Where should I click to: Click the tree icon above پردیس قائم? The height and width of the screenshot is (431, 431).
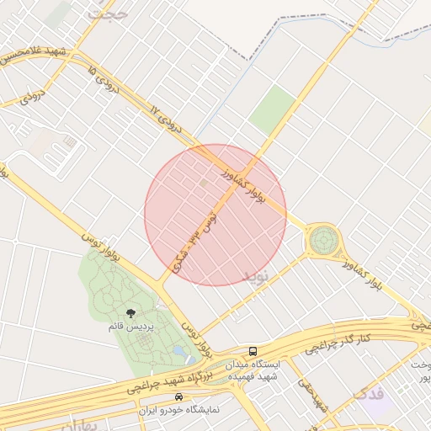pyautogui.click(x=130, y=313)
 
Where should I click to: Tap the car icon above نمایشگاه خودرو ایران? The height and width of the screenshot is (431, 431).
pyautogui.click(x=178, y=396)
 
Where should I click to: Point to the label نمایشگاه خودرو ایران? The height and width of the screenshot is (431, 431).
pyautogui.click(x=178, y=409)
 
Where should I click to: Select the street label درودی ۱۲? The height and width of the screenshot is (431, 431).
pyautogui.click(x=165, y=120)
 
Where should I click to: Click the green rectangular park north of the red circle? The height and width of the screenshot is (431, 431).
pyautogui.click(x=273, y=110)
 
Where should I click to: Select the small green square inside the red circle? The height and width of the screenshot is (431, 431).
pyautogui.click(x=204, y=182)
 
